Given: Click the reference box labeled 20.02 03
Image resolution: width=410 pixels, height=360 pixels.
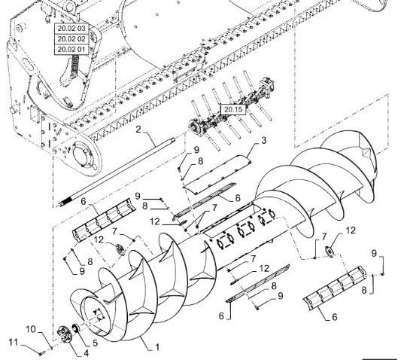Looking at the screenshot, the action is (71, 29).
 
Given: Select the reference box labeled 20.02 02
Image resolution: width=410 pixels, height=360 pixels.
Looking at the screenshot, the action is (71, 39).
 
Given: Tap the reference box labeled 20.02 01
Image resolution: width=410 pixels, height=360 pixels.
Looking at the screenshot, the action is (71, 50).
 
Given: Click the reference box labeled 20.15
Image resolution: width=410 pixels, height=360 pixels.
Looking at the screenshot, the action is (233, 109).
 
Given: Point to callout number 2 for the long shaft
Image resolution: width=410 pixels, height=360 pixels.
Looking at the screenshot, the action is (138, 130).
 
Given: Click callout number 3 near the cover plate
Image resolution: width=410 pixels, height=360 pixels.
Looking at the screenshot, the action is (264, 140).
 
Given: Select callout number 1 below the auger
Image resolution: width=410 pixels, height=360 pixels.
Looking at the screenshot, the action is (157, 347).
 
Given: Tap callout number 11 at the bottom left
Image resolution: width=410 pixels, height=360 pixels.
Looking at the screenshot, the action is (14, 342).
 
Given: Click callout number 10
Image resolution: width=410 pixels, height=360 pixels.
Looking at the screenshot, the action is (31, 329).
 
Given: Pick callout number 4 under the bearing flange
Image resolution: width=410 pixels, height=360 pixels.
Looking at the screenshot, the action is (86, 353).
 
